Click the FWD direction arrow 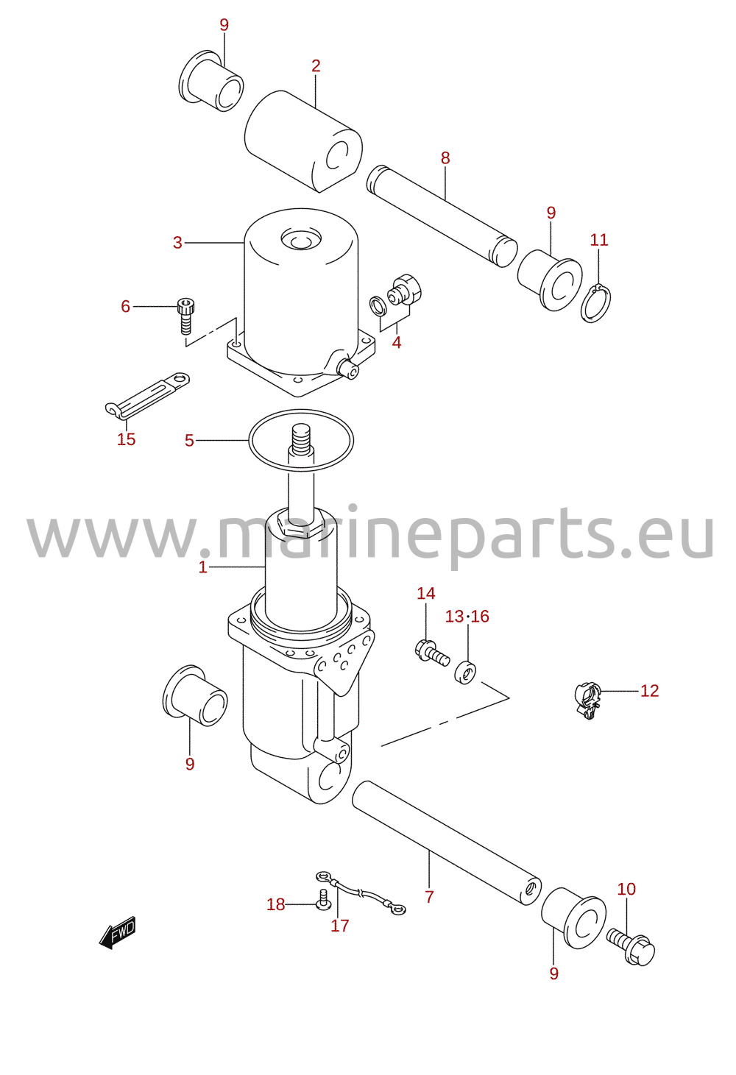pyautogui.click(x=118, y=932)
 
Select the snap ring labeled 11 pyautogui.click(x=595, y=303)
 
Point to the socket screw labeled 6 pyautogui.click(x=185, y=316)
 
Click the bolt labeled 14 pyautogui.click(x=431, y=652)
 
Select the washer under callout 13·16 pyautogui.click(x=465, y=672)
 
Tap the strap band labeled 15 pyautogui.click(x=147, y=394)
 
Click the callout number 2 pyautogui.click(x=316, y=65)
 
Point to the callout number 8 pyautogui.click(x=445, y=158)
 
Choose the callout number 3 pyautogui.click(x=177, y=243)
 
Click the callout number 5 pyautogui.click(x=189, y=440)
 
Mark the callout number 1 pyautogui.click(x=202, y=567)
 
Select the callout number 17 pyautogui.click(x=340, y=926)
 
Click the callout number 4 pyautogui.click(x=397, y=343)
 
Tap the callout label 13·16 pyautogui.click(x=467, y=616)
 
